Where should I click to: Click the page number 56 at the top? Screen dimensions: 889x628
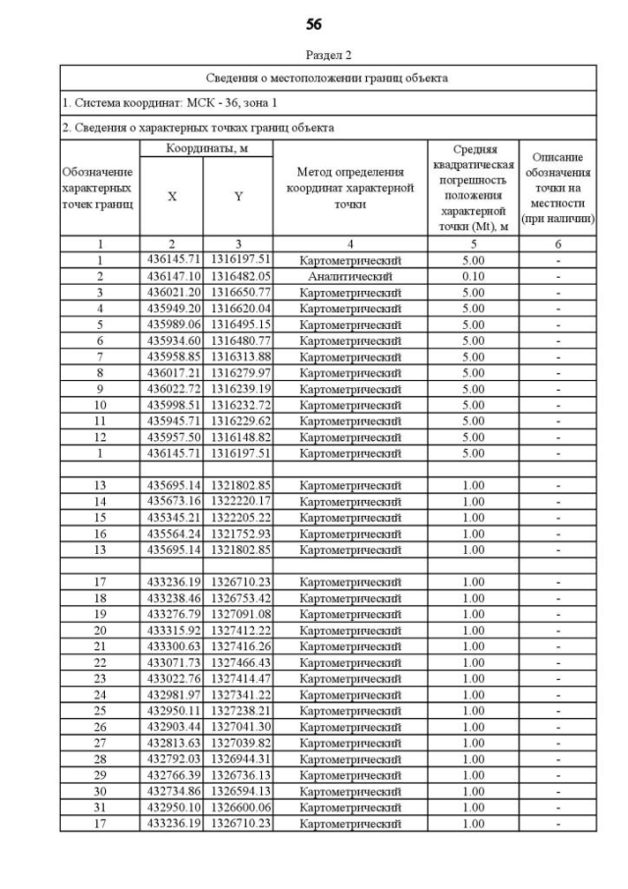(314, 24)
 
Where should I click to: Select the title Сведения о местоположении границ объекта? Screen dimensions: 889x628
(328, 78)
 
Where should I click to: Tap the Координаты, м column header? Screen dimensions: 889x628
(205, 147)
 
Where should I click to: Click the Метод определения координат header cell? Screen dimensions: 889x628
(349, 188)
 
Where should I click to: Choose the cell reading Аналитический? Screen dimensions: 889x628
(349, 276)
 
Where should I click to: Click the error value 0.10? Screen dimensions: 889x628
(473, 276)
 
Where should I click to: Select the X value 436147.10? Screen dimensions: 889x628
(173, 276)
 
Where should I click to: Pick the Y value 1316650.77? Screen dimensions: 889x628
(238, 293)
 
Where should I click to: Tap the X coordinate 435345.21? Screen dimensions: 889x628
(173, 518)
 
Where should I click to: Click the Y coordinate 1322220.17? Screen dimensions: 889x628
(238, 501)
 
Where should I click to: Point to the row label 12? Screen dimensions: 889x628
(99, 437)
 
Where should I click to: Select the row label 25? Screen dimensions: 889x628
(99, 710)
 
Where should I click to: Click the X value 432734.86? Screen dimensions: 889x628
(173, 791)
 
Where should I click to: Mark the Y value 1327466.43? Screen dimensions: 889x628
(238, 662)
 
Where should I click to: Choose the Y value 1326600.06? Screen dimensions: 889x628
(238, 806)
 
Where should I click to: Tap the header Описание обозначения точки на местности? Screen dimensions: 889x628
(558, 188)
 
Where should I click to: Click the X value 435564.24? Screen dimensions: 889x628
(173, 533)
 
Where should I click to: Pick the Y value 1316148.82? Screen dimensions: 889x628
(238, 437)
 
